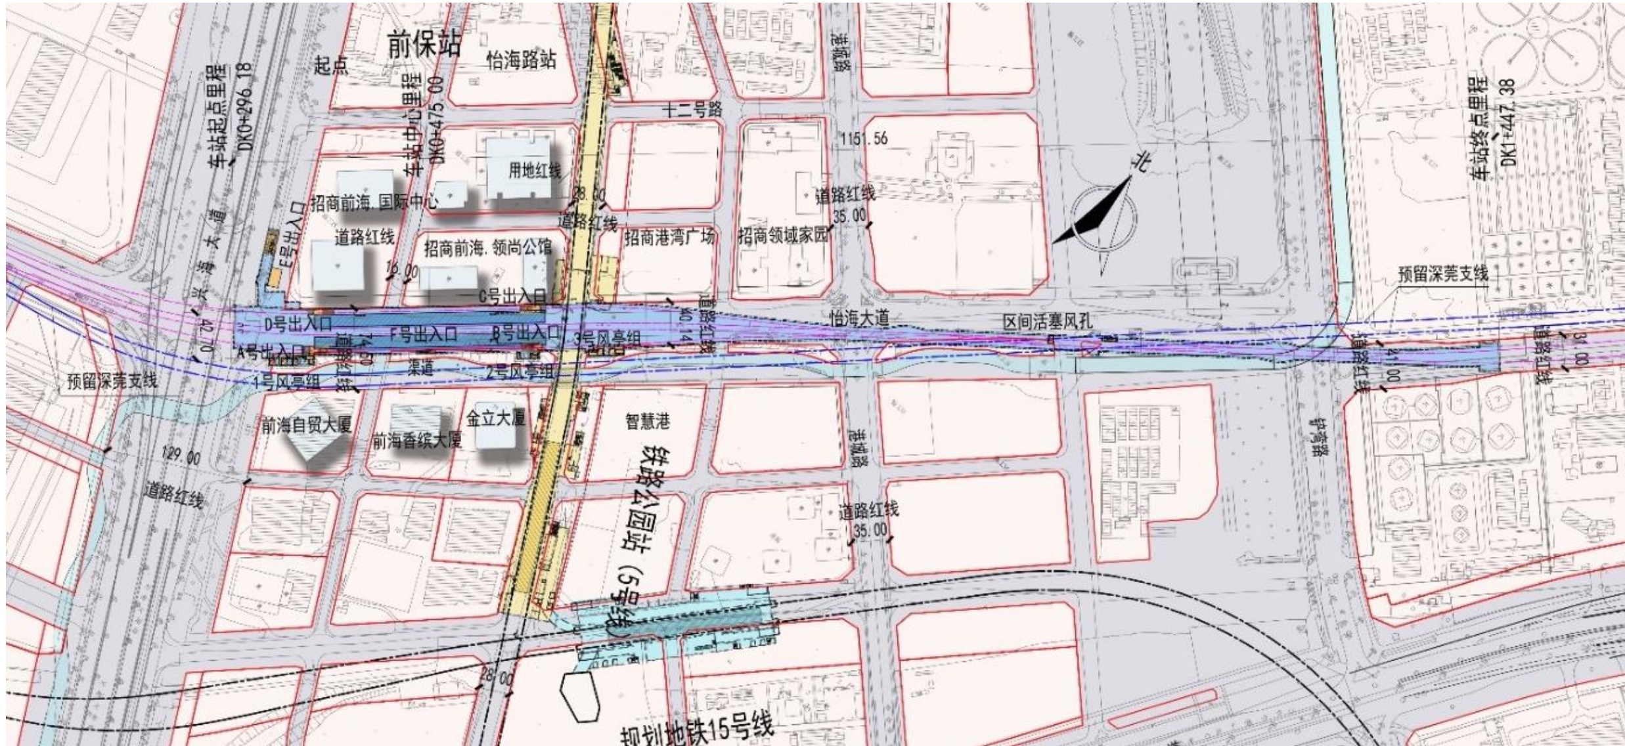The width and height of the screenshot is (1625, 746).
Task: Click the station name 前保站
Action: pos(424,45)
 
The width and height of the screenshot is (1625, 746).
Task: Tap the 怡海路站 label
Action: pos(521,60)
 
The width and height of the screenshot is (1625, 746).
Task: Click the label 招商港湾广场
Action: pos(669,237)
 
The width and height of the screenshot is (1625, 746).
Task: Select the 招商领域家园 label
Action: pos(783,235)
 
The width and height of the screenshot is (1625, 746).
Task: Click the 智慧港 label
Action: pos(647,421)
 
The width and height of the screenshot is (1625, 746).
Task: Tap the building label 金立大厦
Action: pos(496,418)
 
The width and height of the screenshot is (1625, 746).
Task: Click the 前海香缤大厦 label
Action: pos(417,440)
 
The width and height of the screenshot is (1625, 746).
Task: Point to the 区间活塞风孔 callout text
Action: pos(1048,322)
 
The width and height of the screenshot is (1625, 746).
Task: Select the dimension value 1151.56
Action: pos(864,139)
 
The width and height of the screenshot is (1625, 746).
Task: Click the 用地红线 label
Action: pos(535,171)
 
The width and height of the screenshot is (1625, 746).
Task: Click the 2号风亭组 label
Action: pos(519,372)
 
